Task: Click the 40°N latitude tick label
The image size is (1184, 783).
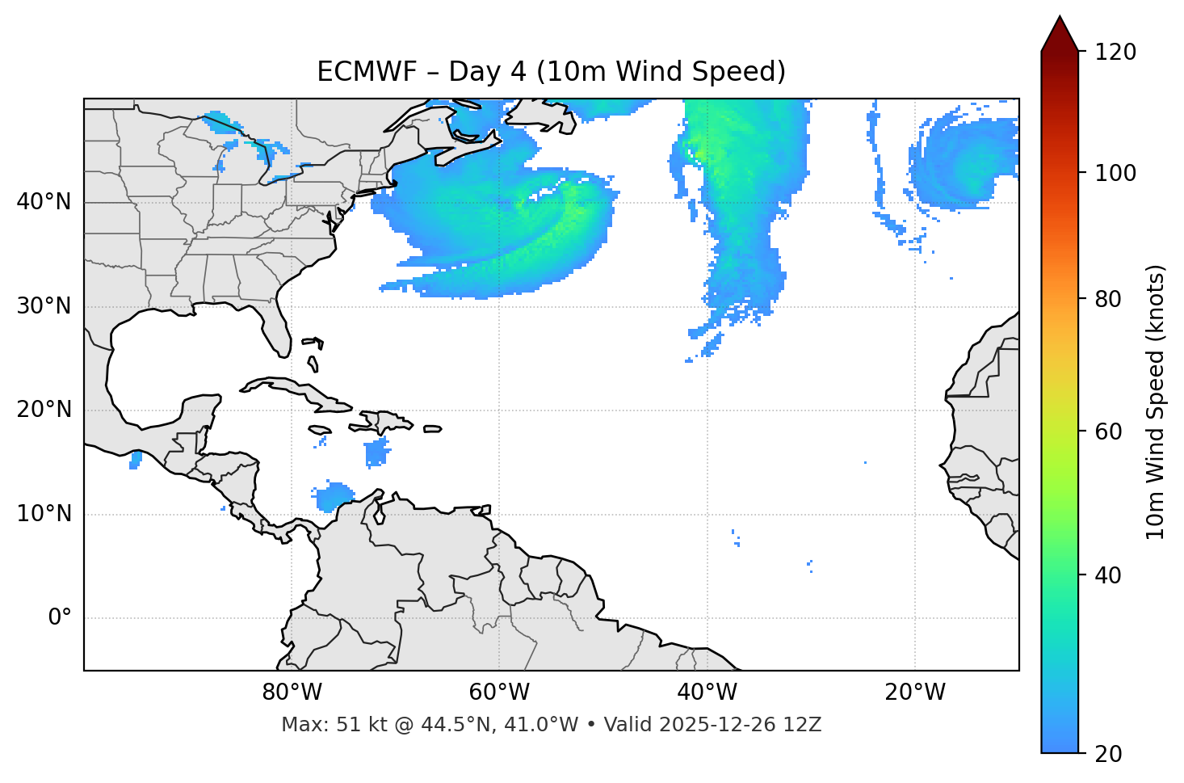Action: (x=44, y=202)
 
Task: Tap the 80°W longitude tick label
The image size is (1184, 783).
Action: (x=292, y=692)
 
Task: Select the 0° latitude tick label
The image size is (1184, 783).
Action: (x=60, y=618)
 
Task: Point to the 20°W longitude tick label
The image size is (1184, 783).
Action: (x=915, y=692)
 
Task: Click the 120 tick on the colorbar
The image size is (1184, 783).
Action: (x=1115, y=53)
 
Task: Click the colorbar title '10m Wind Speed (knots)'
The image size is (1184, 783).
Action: (x=1156, y=402)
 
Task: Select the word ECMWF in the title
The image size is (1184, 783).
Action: (x=367, y=72)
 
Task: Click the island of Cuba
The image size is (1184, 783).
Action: (x=291, y=389)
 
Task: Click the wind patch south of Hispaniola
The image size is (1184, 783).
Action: (x=376, y=453)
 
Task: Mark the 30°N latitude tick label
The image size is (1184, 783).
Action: (x=44, y=307)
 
